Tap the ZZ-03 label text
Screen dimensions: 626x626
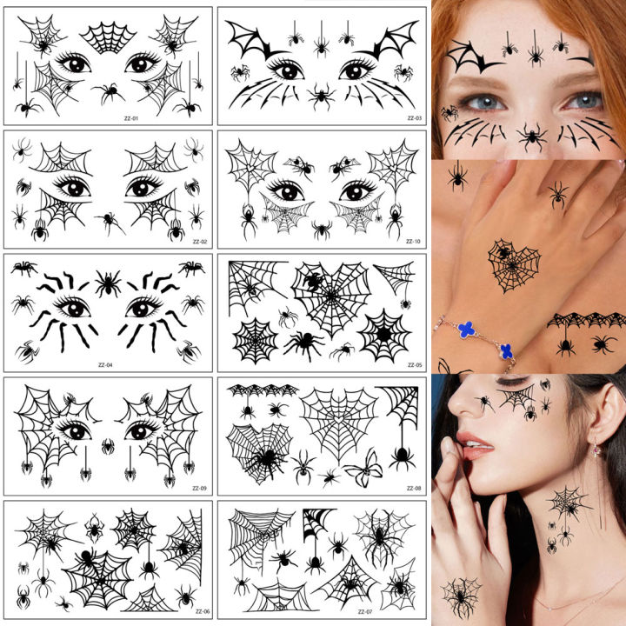point(413,118)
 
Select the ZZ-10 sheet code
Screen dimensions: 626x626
point(413,241)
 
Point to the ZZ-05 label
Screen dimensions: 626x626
point(413,365)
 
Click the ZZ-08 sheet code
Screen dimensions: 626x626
point(413,488)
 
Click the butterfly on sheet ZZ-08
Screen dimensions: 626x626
point(363,469)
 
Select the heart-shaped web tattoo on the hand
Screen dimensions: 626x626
point(513,265)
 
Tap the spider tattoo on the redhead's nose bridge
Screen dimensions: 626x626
point(531,137)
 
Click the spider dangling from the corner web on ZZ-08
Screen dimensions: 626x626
point(401,455)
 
